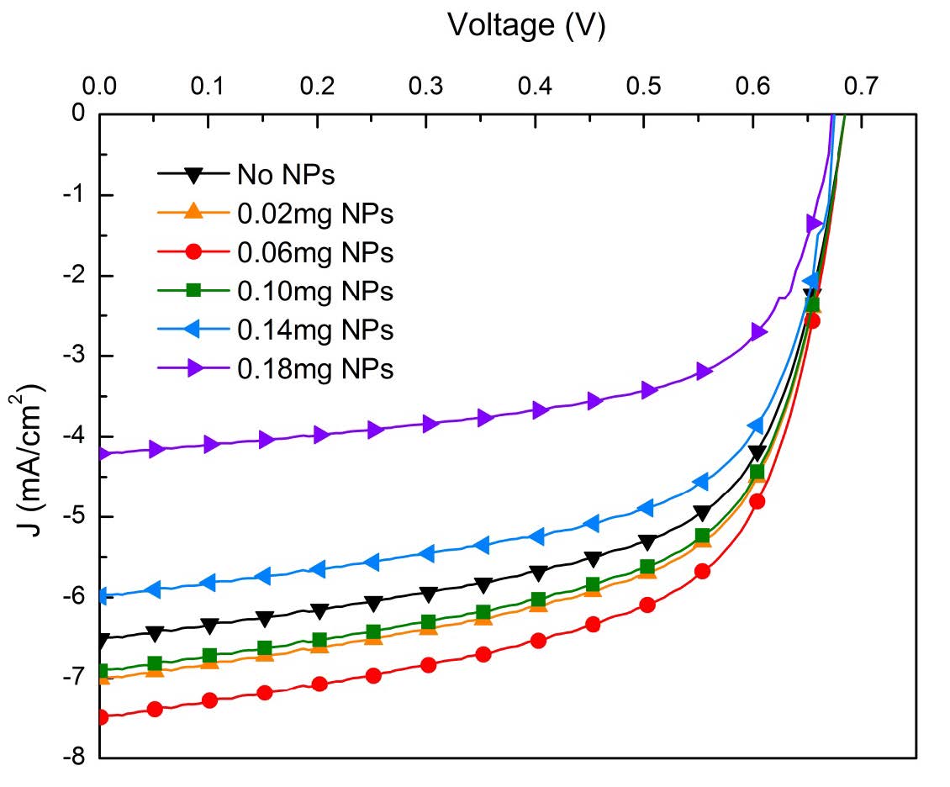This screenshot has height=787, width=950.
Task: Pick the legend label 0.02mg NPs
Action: click(x=316, y=214)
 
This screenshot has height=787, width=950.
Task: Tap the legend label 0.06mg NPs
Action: click(x=316, y=252)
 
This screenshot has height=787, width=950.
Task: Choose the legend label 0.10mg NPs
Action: click(x=316, y=291)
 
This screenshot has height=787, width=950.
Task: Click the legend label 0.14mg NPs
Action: click(x=316, y=330)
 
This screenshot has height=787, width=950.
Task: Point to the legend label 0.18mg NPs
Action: click(x=316, y=368)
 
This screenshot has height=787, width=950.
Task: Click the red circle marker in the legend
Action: click(x=193, y=252)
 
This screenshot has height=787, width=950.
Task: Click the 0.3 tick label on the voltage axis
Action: click(x=426, y=86)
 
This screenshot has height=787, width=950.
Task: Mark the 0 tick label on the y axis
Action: click(x=80, y=114)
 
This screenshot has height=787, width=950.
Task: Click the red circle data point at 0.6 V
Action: click(x=757, y=502)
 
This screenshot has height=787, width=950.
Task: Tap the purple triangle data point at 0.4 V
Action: click(x=540, y=410)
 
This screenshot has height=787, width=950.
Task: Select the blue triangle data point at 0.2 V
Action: click(x=318, y=569)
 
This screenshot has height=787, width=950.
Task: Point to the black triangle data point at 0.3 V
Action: click(x=429, y=594)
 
